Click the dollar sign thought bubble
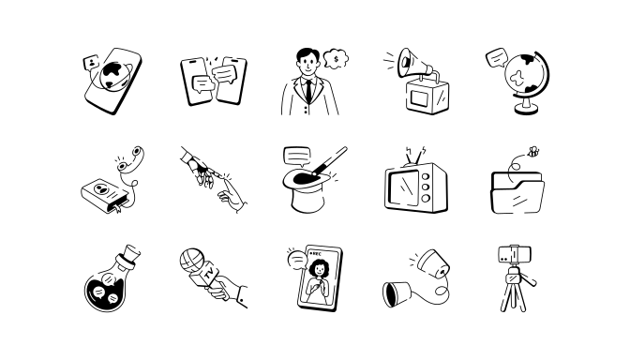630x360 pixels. pos(336,59)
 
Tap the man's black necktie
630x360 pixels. pos(308,91)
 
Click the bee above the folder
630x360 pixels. pos(533,152)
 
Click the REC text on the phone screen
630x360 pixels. pos(317,254)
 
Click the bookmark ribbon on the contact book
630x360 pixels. pos(118,208)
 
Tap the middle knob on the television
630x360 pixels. pos(426,187)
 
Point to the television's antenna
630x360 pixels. pos(415,157)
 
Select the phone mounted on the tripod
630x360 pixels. pos(515,254)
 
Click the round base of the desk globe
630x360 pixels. pos(526,109)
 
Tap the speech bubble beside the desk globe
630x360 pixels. pos(497,58)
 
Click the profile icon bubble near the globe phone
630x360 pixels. pos(91,62)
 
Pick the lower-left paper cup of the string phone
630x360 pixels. pos(397,294)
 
